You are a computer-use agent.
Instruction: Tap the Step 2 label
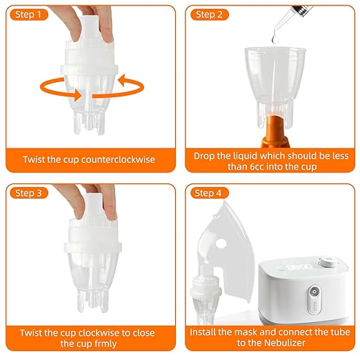[209, 14]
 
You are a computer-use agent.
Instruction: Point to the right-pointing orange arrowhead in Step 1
[69, 92]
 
